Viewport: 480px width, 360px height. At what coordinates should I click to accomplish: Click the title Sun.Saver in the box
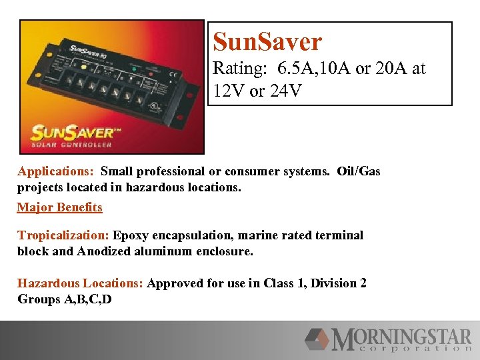point(267,42)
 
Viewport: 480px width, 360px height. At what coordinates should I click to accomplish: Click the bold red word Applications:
point(56,171)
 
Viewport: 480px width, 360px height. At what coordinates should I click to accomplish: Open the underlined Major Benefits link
point(59,207)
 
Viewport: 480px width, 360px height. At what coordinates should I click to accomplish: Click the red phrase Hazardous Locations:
point(80,283)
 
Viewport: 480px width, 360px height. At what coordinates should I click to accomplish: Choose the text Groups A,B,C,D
point(64,299)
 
